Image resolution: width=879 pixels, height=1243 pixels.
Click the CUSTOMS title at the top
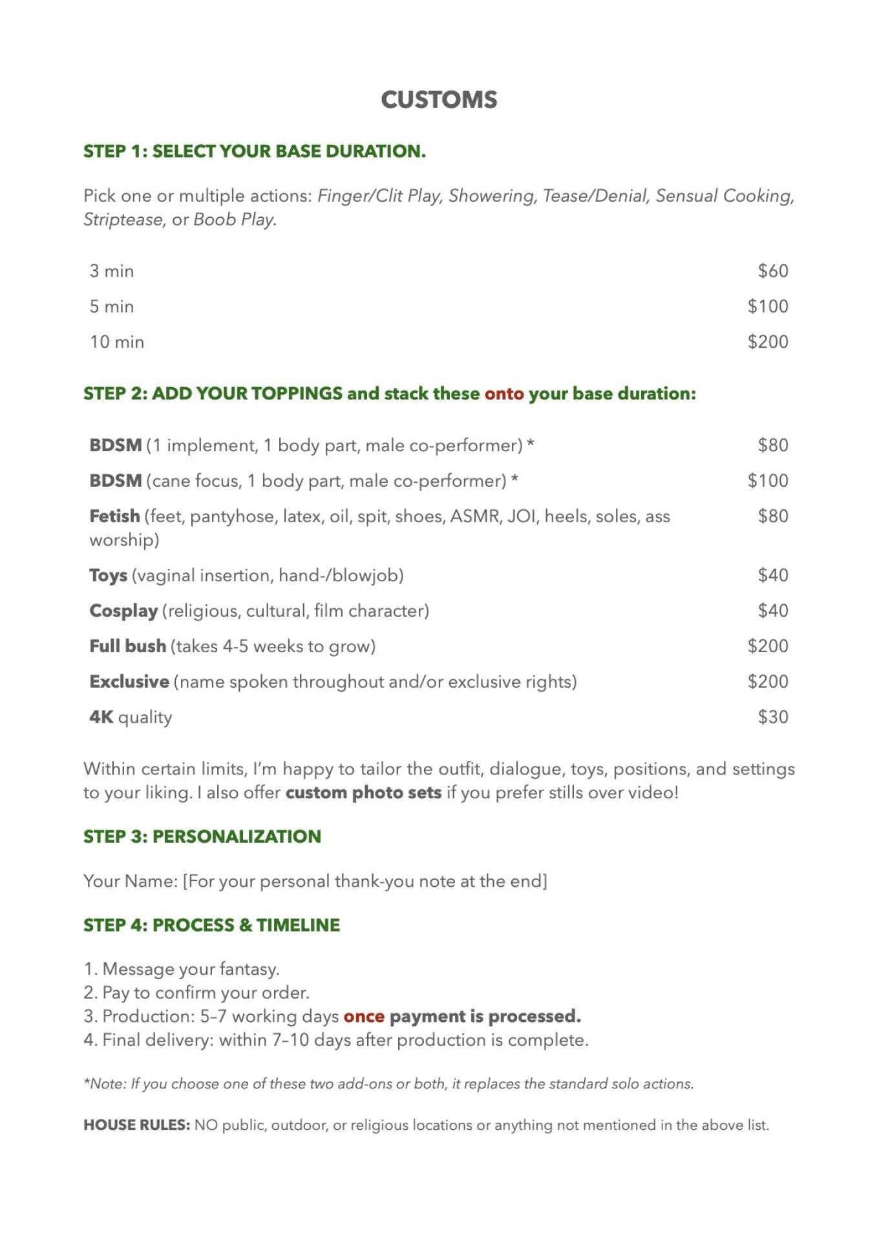pyautogui.click(x=439, y=100)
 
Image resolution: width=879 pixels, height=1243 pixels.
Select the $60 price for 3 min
pyautogui.click(x=772, y=271)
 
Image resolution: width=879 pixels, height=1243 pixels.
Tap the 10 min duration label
pyautogui.click(x=117, y=342)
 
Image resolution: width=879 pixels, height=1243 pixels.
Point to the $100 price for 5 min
pyautogui.click(x=767, y=306)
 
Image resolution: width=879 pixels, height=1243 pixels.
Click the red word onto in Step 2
pyautogui.click(x=504, y=394)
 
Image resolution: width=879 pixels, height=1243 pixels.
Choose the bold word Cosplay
pyautogui.click(x=123, y=611)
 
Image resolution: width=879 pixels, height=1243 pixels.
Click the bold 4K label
pyautogui.click(x=101, y=717)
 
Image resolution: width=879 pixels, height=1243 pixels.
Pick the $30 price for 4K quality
pyautogui.click(x=772, y=717)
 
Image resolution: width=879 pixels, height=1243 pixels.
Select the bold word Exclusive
pyautogui.click(x=129, y=682)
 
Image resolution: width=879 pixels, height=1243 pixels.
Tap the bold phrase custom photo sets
pyautogui.click(x=363, y=792)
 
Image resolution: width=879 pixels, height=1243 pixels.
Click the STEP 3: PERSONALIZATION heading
pyautogui.click(x=202, y=836)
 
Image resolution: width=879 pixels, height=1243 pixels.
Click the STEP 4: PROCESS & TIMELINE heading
pyautogui.click(x=211, y=925)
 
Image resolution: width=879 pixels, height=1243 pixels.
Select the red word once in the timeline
pyautogui.click(x=364, y=1016)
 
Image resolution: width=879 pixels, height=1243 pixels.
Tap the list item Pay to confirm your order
pyautogui.click(x=206, y=992)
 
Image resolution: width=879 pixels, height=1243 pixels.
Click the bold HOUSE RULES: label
pyautogui.click(x=136, y=1125)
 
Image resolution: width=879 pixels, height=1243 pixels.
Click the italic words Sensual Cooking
pyautogui.click(x=725, y=196)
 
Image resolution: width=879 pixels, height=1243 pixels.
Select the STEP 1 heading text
pyautogui.click(x=255, y=151)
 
